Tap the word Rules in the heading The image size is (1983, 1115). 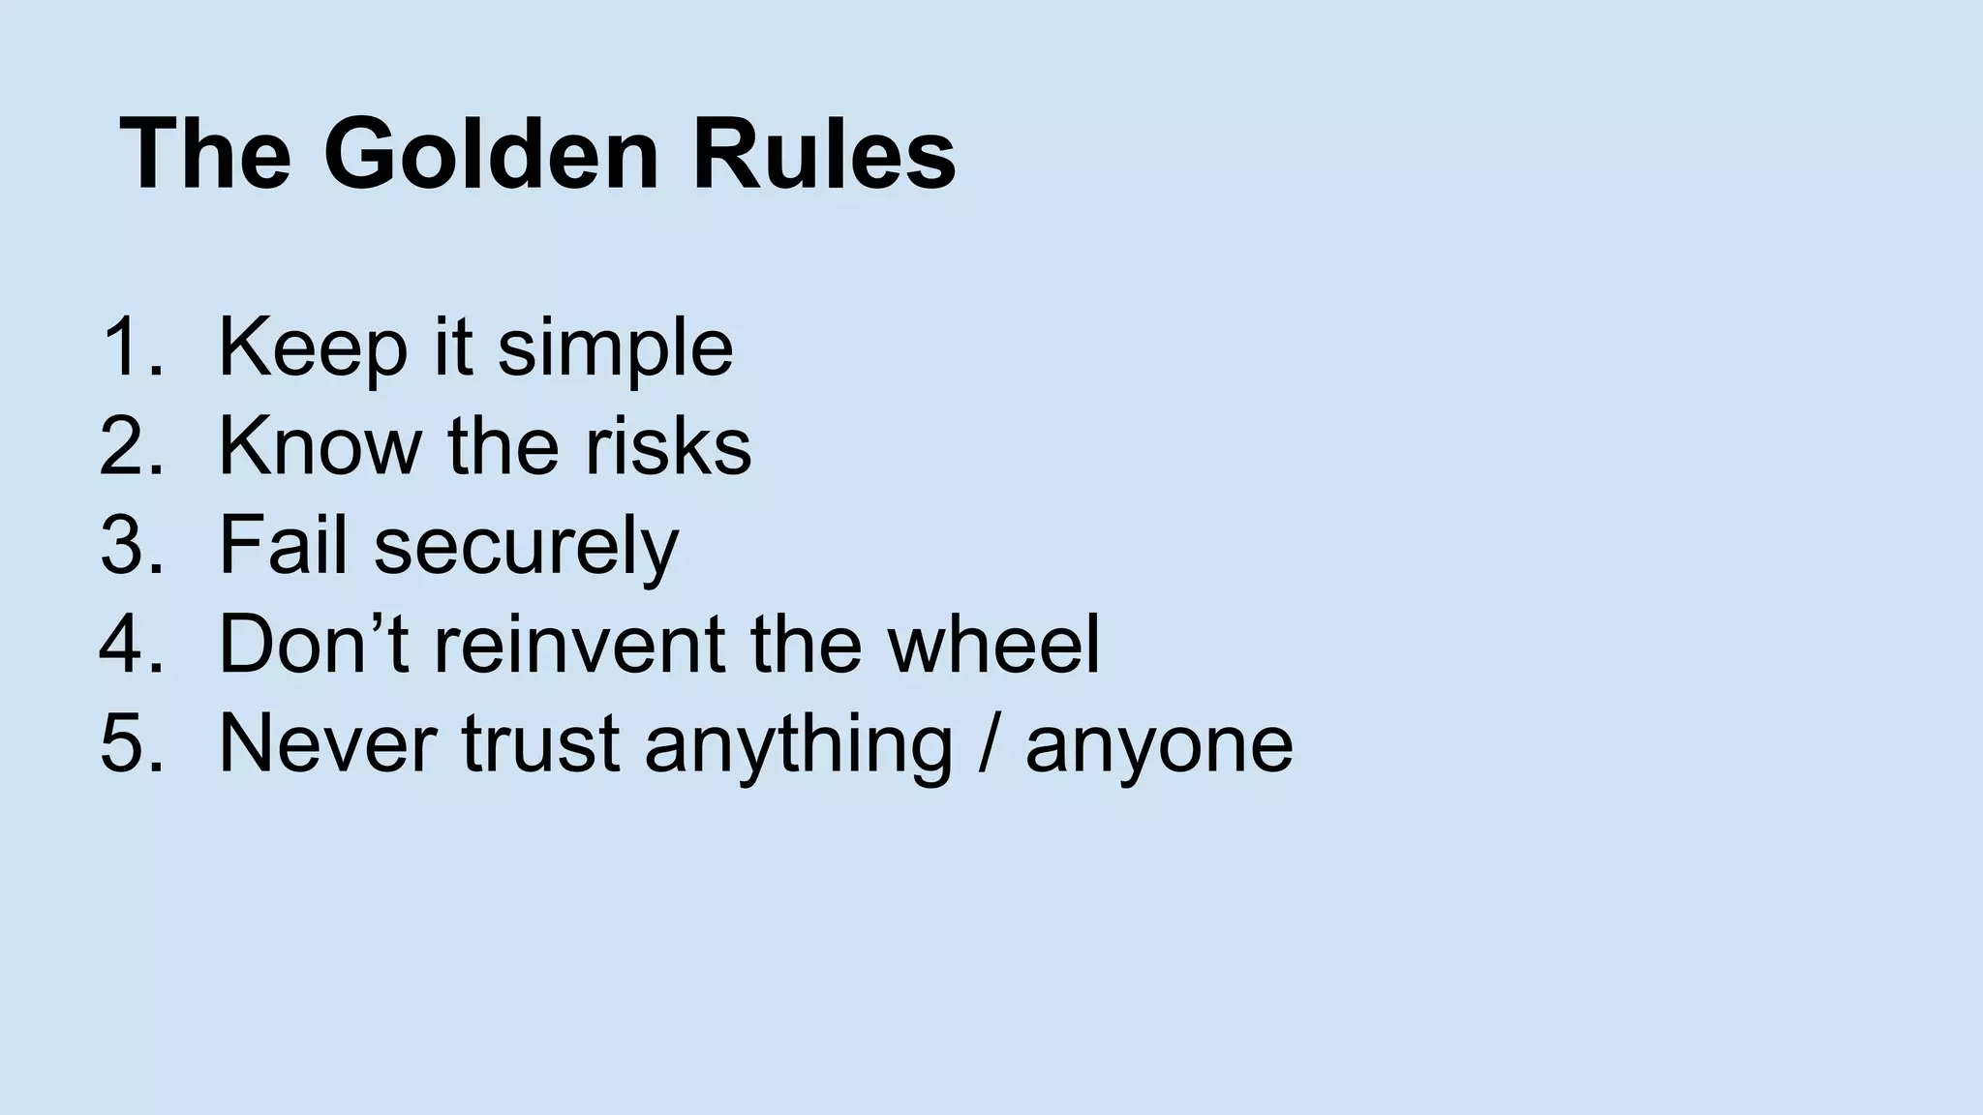coord(823,155)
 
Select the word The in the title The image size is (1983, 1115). coord(206,155)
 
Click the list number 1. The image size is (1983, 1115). coord(130,348)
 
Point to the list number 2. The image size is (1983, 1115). coord(130,447)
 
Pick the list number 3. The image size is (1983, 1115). coord(130,546)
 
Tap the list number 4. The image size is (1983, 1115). coord(130,645)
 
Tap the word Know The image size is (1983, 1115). coord(320,447)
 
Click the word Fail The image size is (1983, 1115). coord(283,546)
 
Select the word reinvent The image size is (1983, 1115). coord(579,645)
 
